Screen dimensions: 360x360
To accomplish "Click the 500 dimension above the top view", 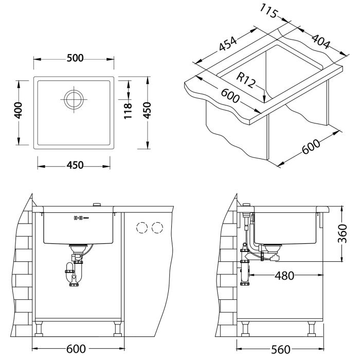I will click(75, 58).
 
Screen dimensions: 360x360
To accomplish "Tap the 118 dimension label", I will click(129, 110).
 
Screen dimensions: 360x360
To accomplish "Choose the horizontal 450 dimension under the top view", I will click(75, 165).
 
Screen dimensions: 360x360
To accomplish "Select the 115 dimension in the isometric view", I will click(270, 11).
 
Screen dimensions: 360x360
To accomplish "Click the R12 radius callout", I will click(246, 80).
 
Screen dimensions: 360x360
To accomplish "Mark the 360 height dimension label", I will click(344, 234).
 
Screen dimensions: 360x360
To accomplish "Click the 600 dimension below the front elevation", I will click(76, 349).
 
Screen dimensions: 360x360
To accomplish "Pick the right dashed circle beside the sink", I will click(158, 227).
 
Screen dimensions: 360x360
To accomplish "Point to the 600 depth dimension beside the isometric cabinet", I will click(311, 148).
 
